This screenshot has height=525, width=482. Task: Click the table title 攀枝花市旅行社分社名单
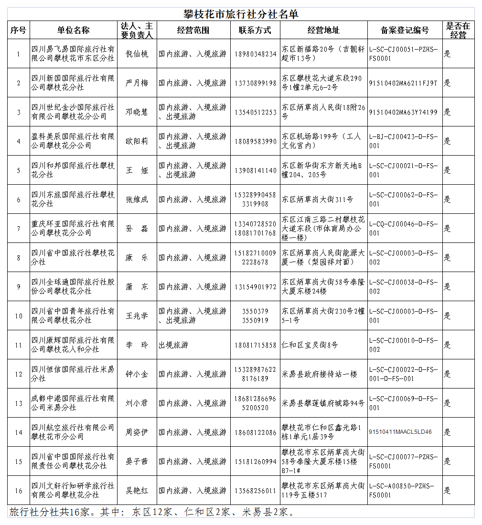coord(241,14)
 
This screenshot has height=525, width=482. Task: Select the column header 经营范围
coord(193,30)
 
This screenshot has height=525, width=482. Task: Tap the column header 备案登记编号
coord(405,30)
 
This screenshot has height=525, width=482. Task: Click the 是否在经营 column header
coord(458,30)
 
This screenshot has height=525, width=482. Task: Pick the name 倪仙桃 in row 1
coord(137,54)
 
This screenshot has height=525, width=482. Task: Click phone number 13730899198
coord(256,83)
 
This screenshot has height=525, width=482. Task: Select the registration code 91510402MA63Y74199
coord(403,112)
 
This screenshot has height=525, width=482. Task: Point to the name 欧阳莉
coord(137,141)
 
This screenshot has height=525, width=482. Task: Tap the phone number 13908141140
coord(256,170)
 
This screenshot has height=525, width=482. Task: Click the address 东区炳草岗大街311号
coord(317,199)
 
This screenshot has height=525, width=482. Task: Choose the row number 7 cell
coord(19,229)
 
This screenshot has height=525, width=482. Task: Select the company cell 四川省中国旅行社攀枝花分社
coord(73,258)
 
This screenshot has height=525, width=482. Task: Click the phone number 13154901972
coord(256,287)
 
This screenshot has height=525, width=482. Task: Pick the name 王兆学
coord(137,316)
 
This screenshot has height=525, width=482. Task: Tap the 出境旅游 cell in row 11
coord(172,345)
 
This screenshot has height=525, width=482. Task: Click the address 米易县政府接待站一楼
coord(320,374)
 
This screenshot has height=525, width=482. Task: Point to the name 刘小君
coord(137,403)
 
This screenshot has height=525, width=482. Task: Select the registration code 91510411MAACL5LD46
coord(400,432)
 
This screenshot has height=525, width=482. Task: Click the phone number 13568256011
coord(256,491)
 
